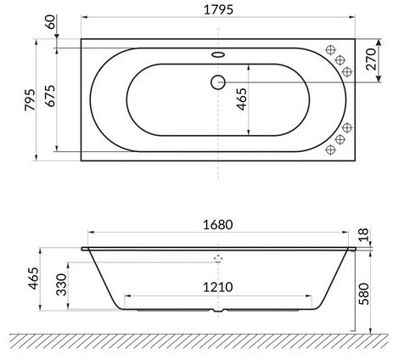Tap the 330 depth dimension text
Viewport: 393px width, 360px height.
(61, 284)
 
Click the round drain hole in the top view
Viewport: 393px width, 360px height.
(216, 83)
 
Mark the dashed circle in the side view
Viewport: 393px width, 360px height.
(217, 262)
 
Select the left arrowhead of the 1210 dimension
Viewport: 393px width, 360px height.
(127, 296)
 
